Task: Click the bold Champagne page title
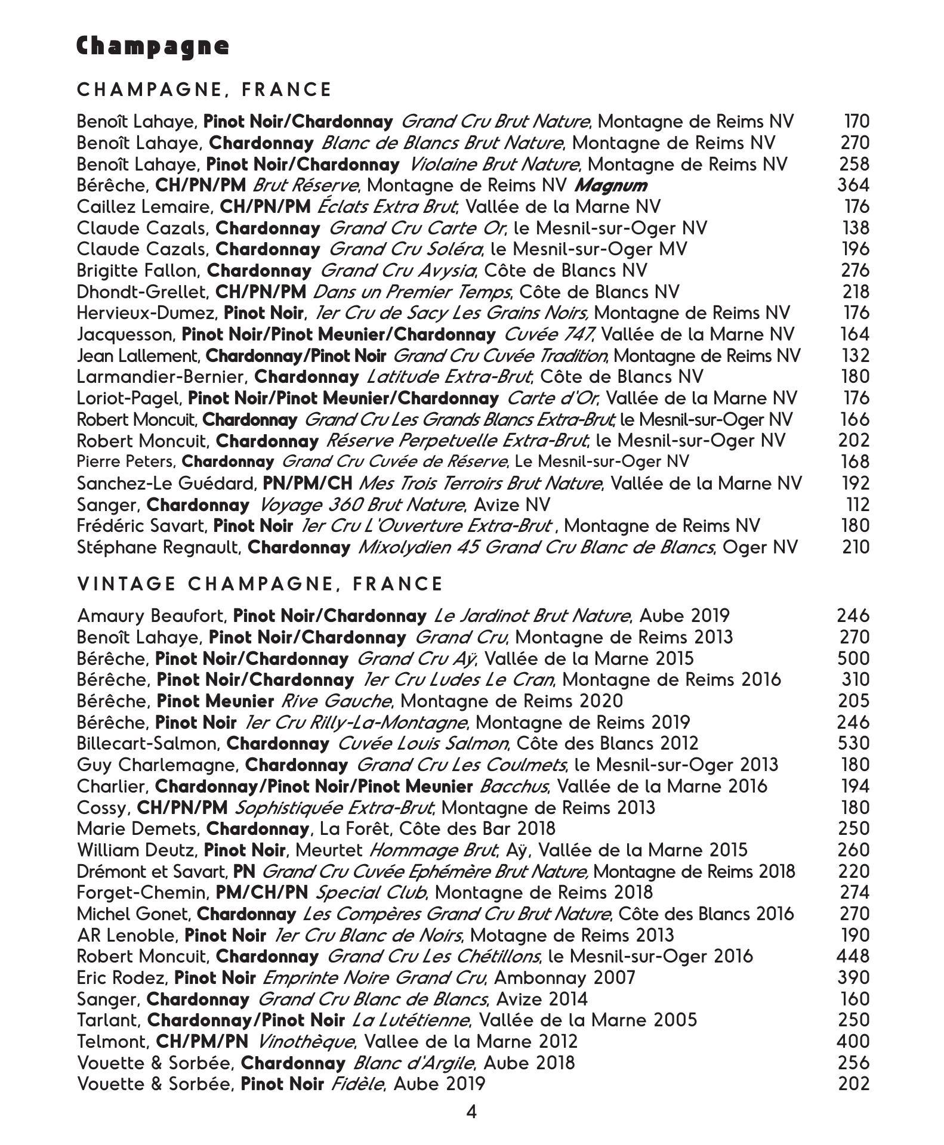click(x=153, y=47)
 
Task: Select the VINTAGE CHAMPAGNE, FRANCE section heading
click(x=260, y=584)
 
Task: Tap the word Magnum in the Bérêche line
click(x=610, y=185)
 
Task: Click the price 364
click(x=853, y=185)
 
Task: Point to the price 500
click(x=853, y=658)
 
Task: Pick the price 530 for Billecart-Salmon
click(x=853, y=744)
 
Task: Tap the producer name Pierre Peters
click(x=125, y=462)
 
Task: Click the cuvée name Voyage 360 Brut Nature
click(x=362, y=505)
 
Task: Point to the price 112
click(x=858, y=505)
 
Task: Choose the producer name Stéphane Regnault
click(x=158, y=547)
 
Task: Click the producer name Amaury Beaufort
click(x=151, y=616)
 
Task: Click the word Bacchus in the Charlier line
click(x=513, y=787)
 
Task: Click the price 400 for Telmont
click(x=853, y=1042)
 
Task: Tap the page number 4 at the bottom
click(x=471, y=1112)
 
